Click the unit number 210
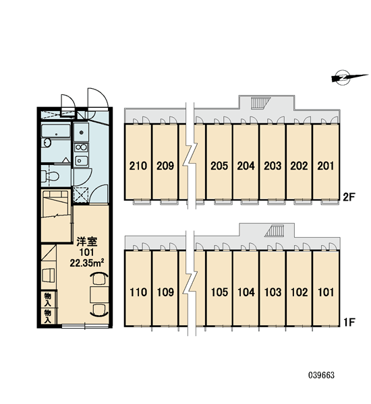click(138, 166)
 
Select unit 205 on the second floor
click(219, 166)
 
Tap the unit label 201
click(326, 166)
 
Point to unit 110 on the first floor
click(138, 292)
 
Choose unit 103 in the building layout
click(273, 292)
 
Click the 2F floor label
click(349, 197)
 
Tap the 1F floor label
click(349, 322)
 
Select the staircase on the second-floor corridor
click(260, 103)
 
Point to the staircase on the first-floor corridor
click(274, 230)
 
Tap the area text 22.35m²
click(87, 263)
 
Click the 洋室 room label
click(87, 242)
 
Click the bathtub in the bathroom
click(56, 131)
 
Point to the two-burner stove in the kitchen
click(81, 147)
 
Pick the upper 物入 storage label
click(48, 300)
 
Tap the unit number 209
click(165, 166)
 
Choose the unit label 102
click(299, 292)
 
